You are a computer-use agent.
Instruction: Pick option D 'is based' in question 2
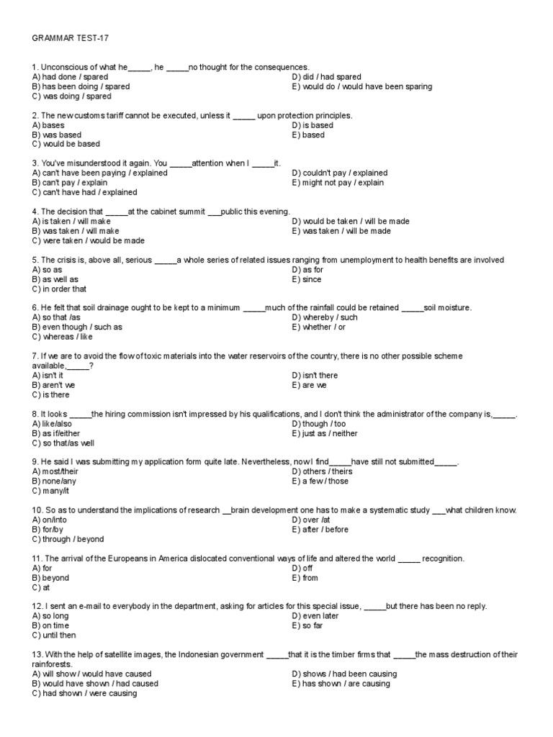pyautogui.click(x=313, y=125)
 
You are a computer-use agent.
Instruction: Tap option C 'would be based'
pyautogui.click(x=66, y=144)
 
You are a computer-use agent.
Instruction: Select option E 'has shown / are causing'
pyautogui.click(x=341, y=684)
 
